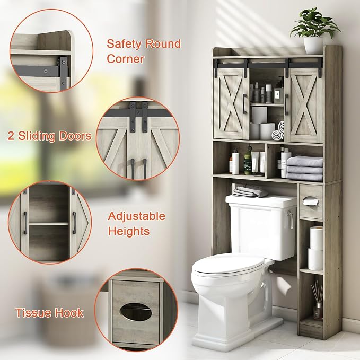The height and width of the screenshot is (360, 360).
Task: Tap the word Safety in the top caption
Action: (x=124, y=44)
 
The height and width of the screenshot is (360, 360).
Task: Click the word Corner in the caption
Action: (x=125, y=59)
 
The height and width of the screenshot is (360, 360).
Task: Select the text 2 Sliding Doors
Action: (x=49, y=136)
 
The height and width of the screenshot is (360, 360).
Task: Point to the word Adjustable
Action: (x=137, y=216)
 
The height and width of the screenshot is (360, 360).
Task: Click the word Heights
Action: (x=129, y=231)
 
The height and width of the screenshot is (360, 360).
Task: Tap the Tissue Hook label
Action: (x=49, y=313)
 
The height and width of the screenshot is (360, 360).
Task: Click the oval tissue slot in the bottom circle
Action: (x=136, y=312)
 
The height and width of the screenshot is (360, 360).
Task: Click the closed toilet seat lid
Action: (x=229, y=265)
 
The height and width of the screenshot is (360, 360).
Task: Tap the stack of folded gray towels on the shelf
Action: (x=304, y=168)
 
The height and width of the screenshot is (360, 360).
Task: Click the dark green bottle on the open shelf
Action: (x=247, y=161)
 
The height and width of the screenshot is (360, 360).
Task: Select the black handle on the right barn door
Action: (x=286, y=104)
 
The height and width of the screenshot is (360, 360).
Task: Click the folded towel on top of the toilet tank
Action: (x=250, y=191)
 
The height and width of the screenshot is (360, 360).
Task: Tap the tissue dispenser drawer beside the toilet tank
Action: (x=311, y=201)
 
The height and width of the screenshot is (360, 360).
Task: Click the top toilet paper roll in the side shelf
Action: (x=317, y=238)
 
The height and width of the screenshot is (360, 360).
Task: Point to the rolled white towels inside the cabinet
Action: (x=278, y=131)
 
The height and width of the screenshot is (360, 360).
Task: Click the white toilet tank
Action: (x=262, y=227)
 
